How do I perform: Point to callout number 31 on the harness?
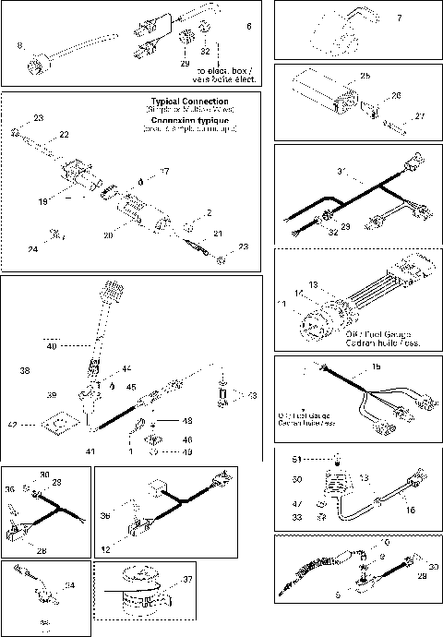(341, 171)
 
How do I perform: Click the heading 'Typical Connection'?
(189, 101)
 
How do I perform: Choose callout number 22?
(65, 134)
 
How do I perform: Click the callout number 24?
(34, 249)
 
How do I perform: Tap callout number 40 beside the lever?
(51, 347)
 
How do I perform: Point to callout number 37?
(189, 579)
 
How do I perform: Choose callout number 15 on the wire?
(375, 367)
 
